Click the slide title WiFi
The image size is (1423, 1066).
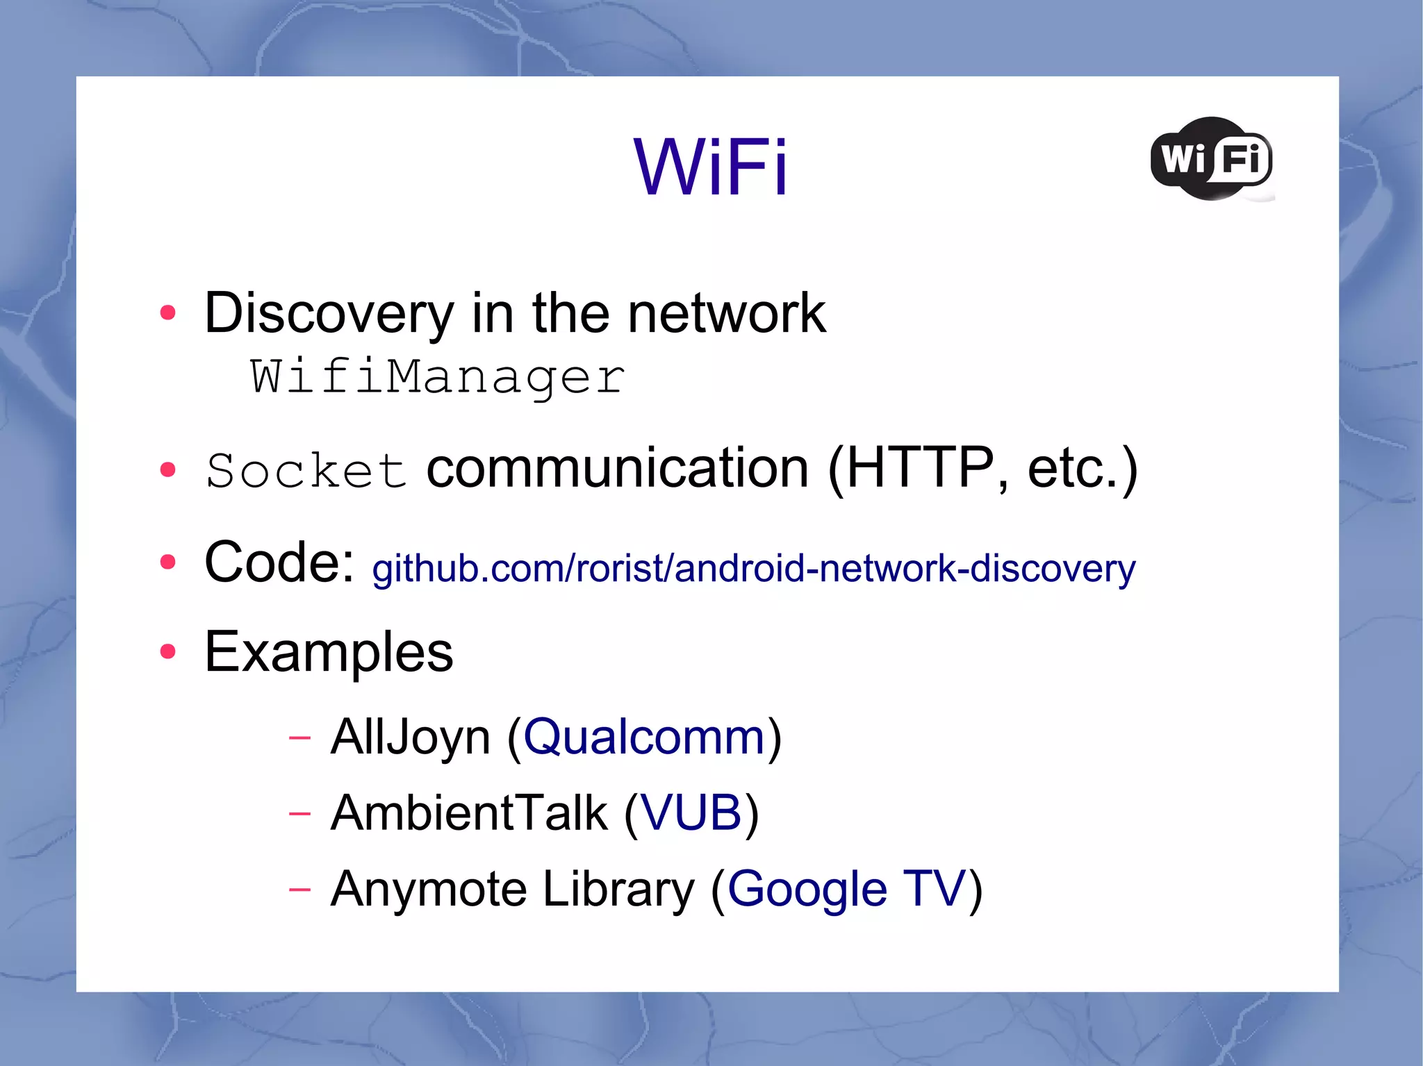[x=710, y=167]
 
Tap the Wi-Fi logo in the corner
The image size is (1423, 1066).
[x=1212, y=159]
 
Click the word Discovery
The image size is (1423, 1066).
[x=329, y=314]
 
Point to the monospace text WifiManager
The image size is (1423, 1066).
[x=438, y=377]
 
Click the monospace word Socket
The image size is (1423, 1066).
[x=306, y=472]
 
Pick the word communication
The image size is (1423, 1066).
[x=617, y=469]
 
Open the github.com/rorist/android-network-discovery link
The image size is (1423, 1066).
[x=754, y=569]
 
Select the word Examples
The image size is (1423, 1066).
[x=329, y=652]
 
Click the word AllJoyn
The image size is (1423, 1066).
[x=411, y=737]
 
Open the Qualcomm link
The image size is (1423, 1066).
[x=644, y=737]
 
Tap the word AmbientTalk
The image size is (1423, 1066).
[x=469, y=813]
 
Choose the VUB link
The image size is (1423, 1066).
[x=691, y=813]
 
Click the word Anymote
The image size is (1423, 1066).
[x=429, y=889]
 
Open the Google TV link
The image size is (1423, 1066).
[x=846, y=889]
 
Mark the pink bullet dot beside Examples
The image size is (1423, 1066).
[x=167, y=651]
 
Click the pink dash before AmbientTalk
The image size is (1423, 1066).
[x=299, y=813]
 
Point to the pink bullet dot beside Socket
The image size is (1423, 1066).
[x=167, y=470]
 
